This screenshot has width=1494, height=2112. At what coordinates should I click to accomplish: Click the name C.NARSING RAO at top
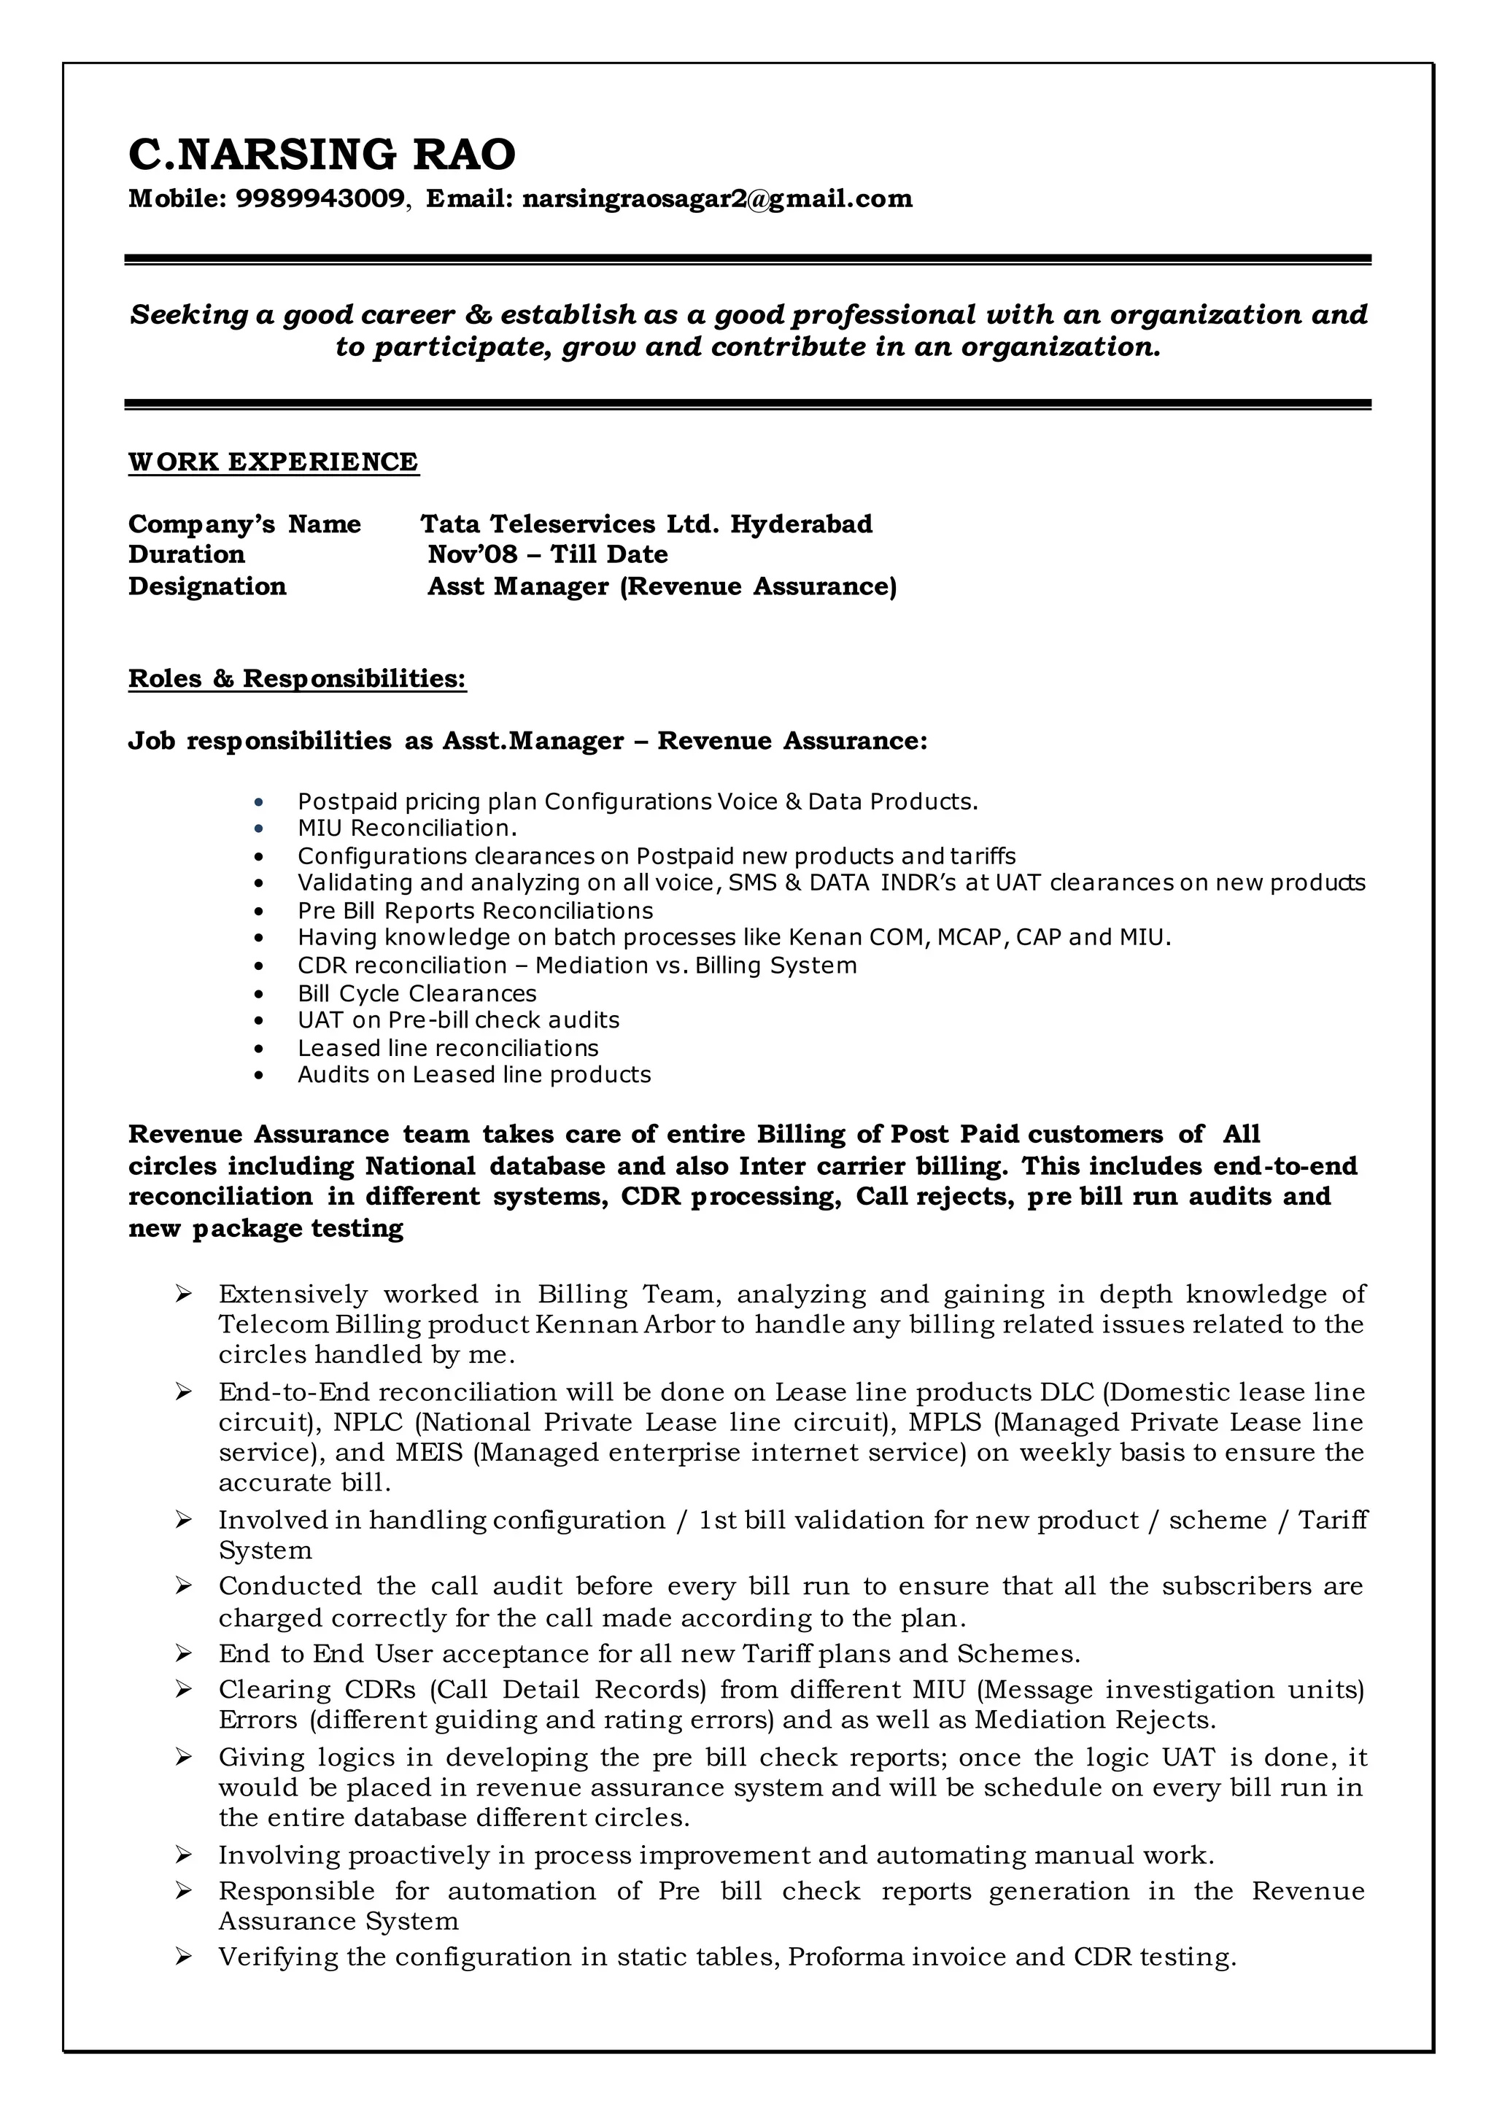[x=321, y=155]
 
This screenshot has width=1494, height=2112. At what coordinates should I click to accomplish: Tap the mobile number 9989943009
[x=320, y=198]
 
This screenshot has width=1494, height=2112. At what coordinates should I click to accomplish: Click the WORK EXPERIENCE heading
[x=274, y=462]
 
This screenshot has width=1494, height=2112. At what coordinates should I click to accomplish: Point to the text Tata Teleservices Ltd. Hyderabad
[x=646, y=524]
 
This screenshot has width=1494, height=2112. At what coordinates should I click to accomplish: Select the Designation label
[x=207, y=587]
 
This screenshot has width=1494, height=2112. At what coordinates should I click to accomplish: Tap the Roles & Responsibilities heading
[x=297, y=679]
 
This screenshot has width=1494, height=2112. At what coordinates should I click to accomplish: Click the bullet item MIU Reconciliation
[x=406, y=828]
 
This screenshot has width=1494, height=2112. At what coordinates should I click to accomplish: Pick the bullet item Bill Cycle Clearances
[x=417, y=993]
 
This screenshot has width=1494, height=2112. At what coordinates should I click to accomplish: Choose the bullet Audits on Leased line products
[x=473, y=1074]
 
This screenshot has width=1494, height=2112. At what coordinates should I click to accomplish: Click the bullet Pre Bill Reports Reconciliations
[x=475, y=911]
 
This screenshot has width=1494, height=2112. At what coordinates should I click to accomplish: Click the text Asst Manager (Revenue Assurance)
[x=662, y=587]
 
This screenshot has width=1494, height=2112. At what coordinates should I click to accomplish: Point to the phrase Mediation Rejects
[x=1095, y=1719]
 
